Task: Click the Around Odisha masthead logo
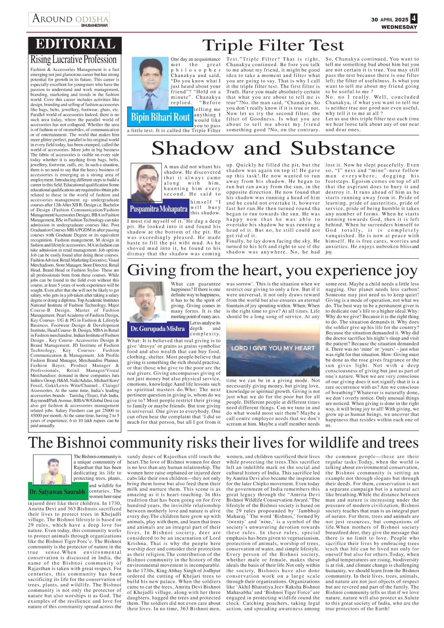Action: (69, 19)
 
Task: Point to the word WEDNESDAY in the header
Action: (399, 27)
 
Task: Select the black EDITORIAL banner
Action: (75, 44)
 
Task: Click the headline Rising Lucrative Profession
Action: (73, 59)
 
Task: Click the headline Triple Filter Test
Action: (273, 45)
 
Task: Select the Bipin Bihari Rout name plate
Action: (160, 117)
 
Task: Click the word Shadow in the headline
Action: (193, 149)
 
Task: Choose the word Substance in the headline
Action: (343, 149)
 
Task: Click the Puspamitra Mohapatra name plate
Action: (158, 209)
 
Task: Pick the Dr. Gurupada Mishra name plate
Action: (158, 329)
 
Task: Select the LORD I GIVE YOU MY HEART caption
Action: (273, 348)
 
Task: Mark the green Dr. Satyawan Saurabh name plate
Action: (57, 492)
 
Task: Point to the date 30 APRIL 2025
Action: (390, 20)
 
